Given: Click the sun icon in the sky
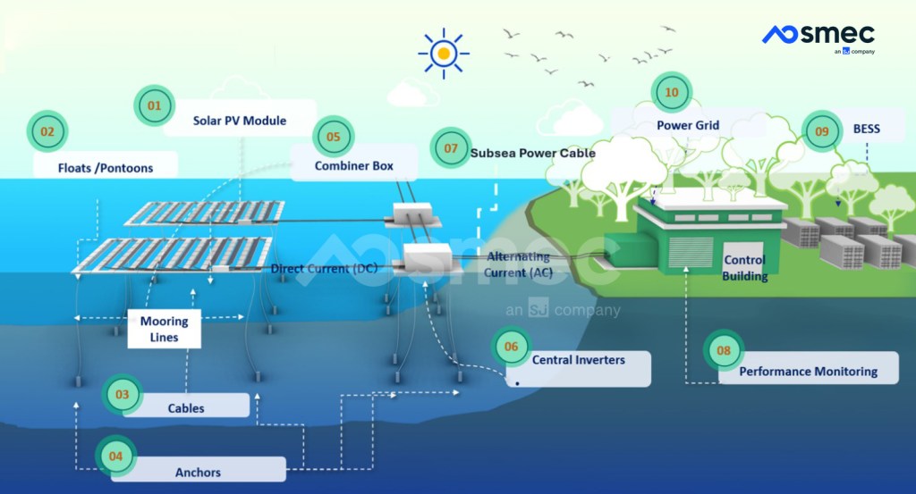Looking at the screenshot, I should coord(443,53).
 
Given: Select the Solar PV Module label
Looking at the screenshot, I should coord(240,120).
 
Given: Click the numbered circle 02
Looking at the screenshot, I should coord(47,132).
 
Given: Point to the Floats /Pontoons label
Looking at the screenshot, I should coord(106,167).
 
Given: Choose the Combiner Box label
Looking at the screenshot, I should coord(353,165).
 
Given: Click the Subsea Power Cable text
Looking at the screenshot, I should coord(532,153).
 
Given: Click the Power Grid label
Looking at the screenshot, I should coord(688,125).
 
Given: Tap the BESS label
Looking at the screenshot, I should coord(866,129).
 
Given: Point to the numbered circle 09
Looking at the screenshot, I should coord(822,130).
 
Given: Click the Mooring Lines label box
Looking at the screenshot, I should coord(165,329).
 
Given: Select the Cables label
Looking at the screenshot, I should coord(186,407).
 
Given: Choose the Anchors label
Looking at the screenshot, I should coord(198,472).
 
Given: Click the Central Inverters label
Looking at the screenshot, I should coord(578,360).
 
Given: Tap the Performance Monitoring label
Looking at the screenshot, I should coord(808,371).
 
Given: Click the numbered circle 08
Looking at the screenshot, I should coord(723,351).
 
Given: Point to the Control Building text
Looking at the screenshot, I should coord(744,268).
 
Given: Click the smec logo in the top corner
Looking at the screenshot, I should coord(818,37).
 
